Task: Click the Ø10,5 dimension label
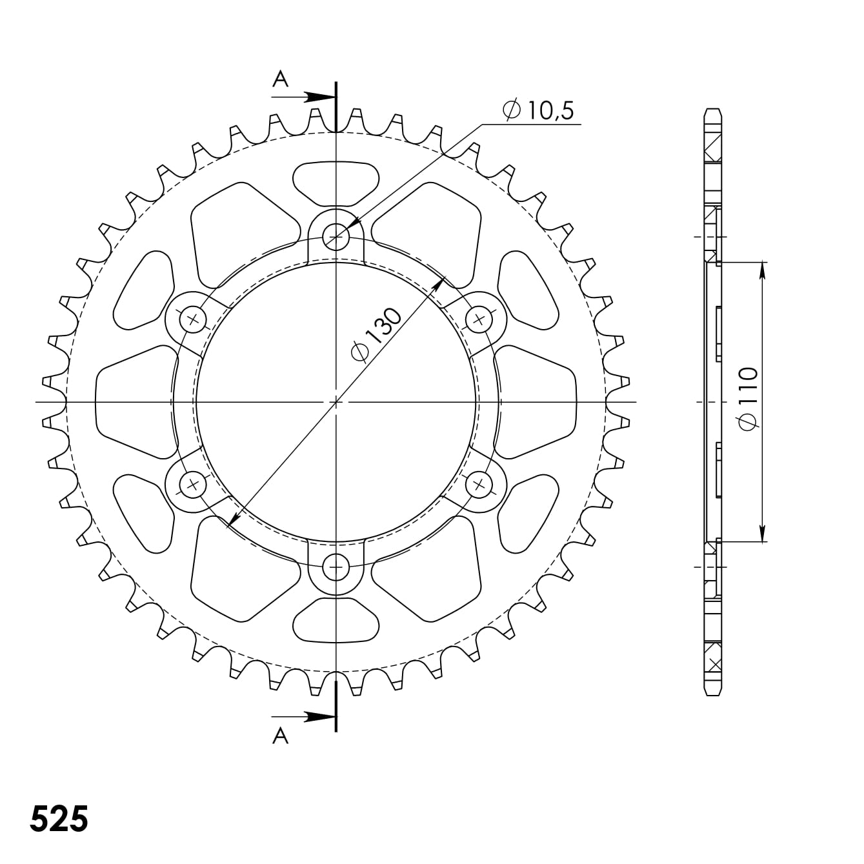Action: tap(538, 110)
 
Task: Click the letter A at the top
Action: tap(280, 79)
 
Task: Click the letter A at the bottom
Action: tap(280, 736)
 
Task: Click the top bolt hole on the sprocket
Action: tap(336, 237)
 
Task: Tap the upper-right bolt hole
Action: tap(479, 319)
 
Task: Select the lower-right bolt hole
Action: tap(479, 485)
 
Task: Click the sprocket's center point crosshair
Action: tap(336, 402)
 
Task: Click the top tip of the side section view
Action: tap(712, 110)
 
